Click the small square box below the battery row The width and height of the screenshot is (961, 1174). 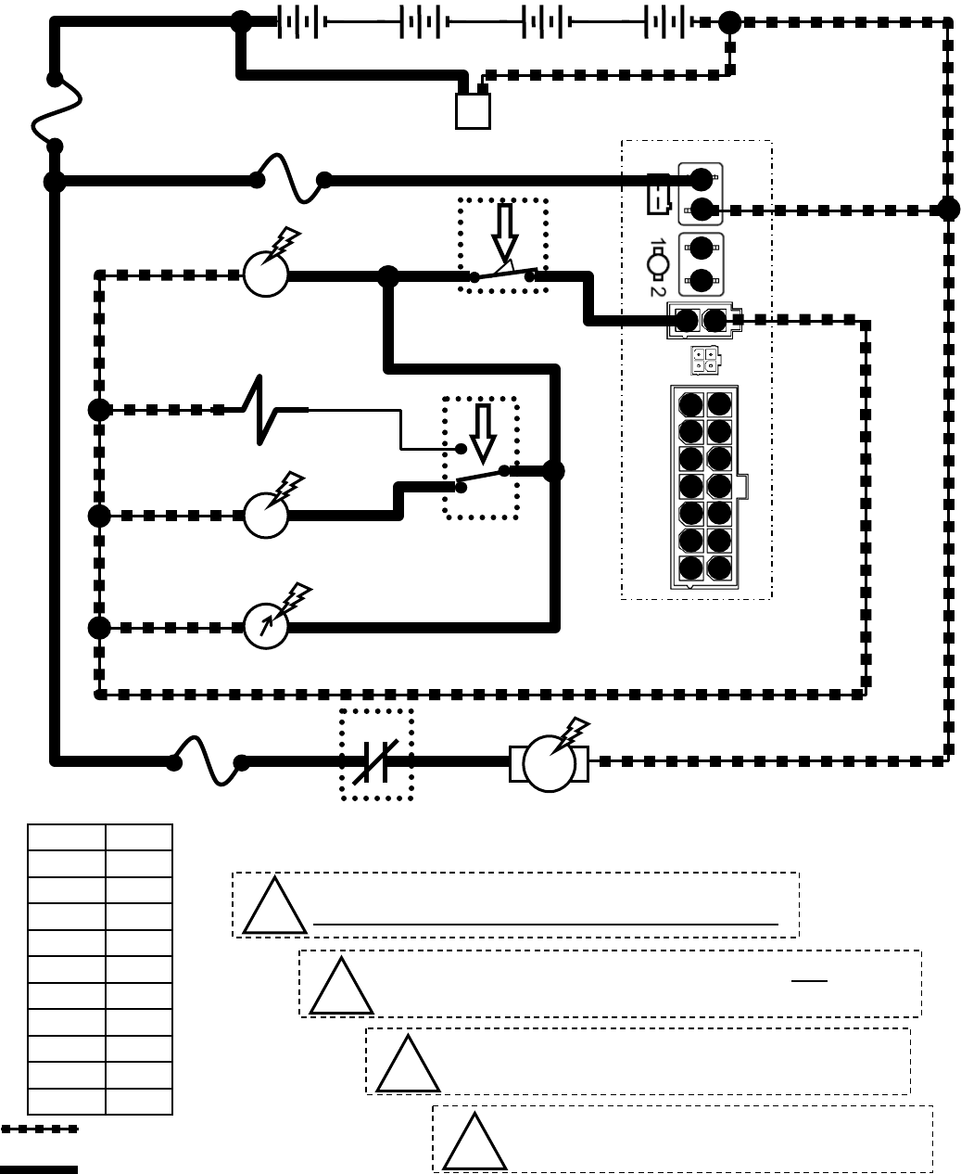click(x=473, y=111)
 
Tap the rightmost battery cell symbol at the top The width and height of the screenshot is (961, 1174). click(x=666, y=21)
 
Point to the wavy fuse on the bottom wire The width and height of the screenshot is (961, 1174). click(x=208, y=760)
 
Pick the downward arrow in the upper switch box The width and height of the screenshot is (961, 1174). click(x=504, y=233)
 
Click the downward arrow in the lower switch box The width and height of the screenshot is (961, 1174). click(x=483, y=433)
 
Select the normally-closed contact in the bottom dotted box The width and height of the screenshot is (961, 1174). click(x=376, y=760)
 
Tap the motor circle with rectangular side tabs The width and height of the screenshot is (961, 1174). click(x=549, y=763)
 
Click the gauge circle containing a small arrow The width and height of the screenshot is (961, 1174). click(x=266, y=627)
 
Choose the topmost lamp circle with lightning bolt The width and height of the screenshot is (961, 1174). click(x=266, y=274)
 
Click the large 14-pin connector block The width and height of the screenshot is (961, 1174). click(x=704, y=487)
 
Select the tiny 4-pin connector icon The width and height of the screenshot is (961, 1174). click(x=703, y=360)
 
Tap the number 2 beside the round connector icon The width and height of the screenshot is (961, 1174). click(x=657, y=289)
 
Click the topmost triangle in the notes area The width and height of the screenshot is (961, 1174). click(x=274, y=907)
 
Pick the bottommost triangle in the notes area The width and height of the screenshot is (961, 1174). click(x=474, y=1143)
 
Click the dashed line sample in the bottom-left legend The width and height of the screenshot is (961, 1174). click(x=39, y=1129)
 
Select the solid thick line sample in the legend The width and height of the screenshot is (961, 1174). click(x=39, y=1168)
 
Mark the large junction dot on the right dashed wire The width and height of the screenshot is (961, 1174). click(x=948, y=210)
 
